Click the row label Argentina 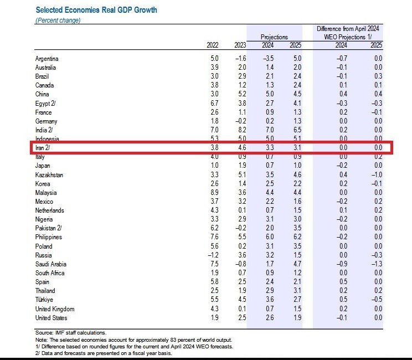tap(47, 59)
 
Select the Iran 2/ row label tap(44, 148)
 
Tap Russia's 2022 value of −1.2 tap(214, 255)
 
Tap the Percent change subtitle tap(58, 20)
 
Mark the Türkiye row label tap(44, 300)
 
